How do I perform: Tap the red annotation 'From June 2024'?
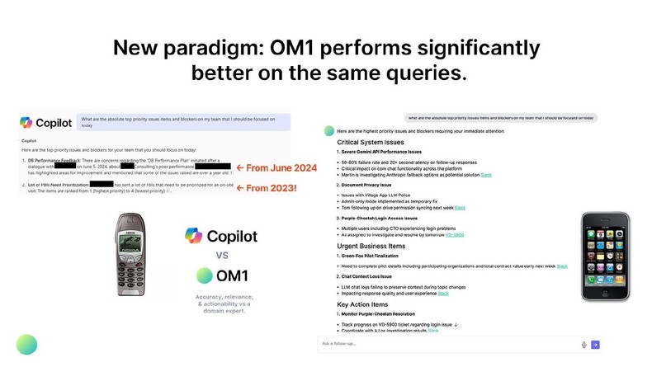(x=276, y=168)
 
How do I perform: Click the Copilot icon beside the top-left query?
(x=26, y=123)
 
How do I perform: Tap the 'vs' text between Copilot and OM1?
(x=221, y=255)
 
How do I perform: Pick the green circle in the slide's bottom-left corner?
(x=26, y=344)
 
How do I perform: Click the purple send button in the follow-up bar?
(x=594, y=344)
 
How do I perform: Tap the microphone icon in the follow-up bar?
(x=583, y=344)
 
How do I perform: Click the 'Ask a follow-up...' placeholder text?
(x=340, y=344)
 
